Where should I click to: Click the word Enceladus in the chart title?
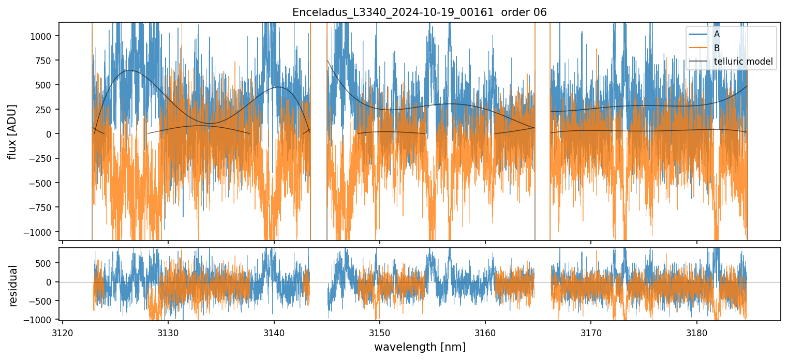pyautogui.click(x=314, y=12)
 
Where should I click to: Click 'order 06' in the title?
pyautogui.click(x=525, y=12)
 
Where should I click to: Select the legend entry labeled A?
pyautogui.click(x=717, y=34)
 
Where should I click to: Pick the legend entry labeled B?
pyautogui.click(x=717, y=48)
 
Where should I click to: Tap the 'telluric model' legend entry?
pyautogui.click(x=743, y=62)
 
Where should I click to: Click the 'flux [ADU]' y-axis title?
pyautogui.click(x=12, y=131)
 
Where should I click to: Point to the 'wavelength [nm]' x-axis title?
pyautogui.click(x=420, y=347)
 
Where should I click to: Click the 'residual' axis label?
pyautogui.click(x=13, y=286)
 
